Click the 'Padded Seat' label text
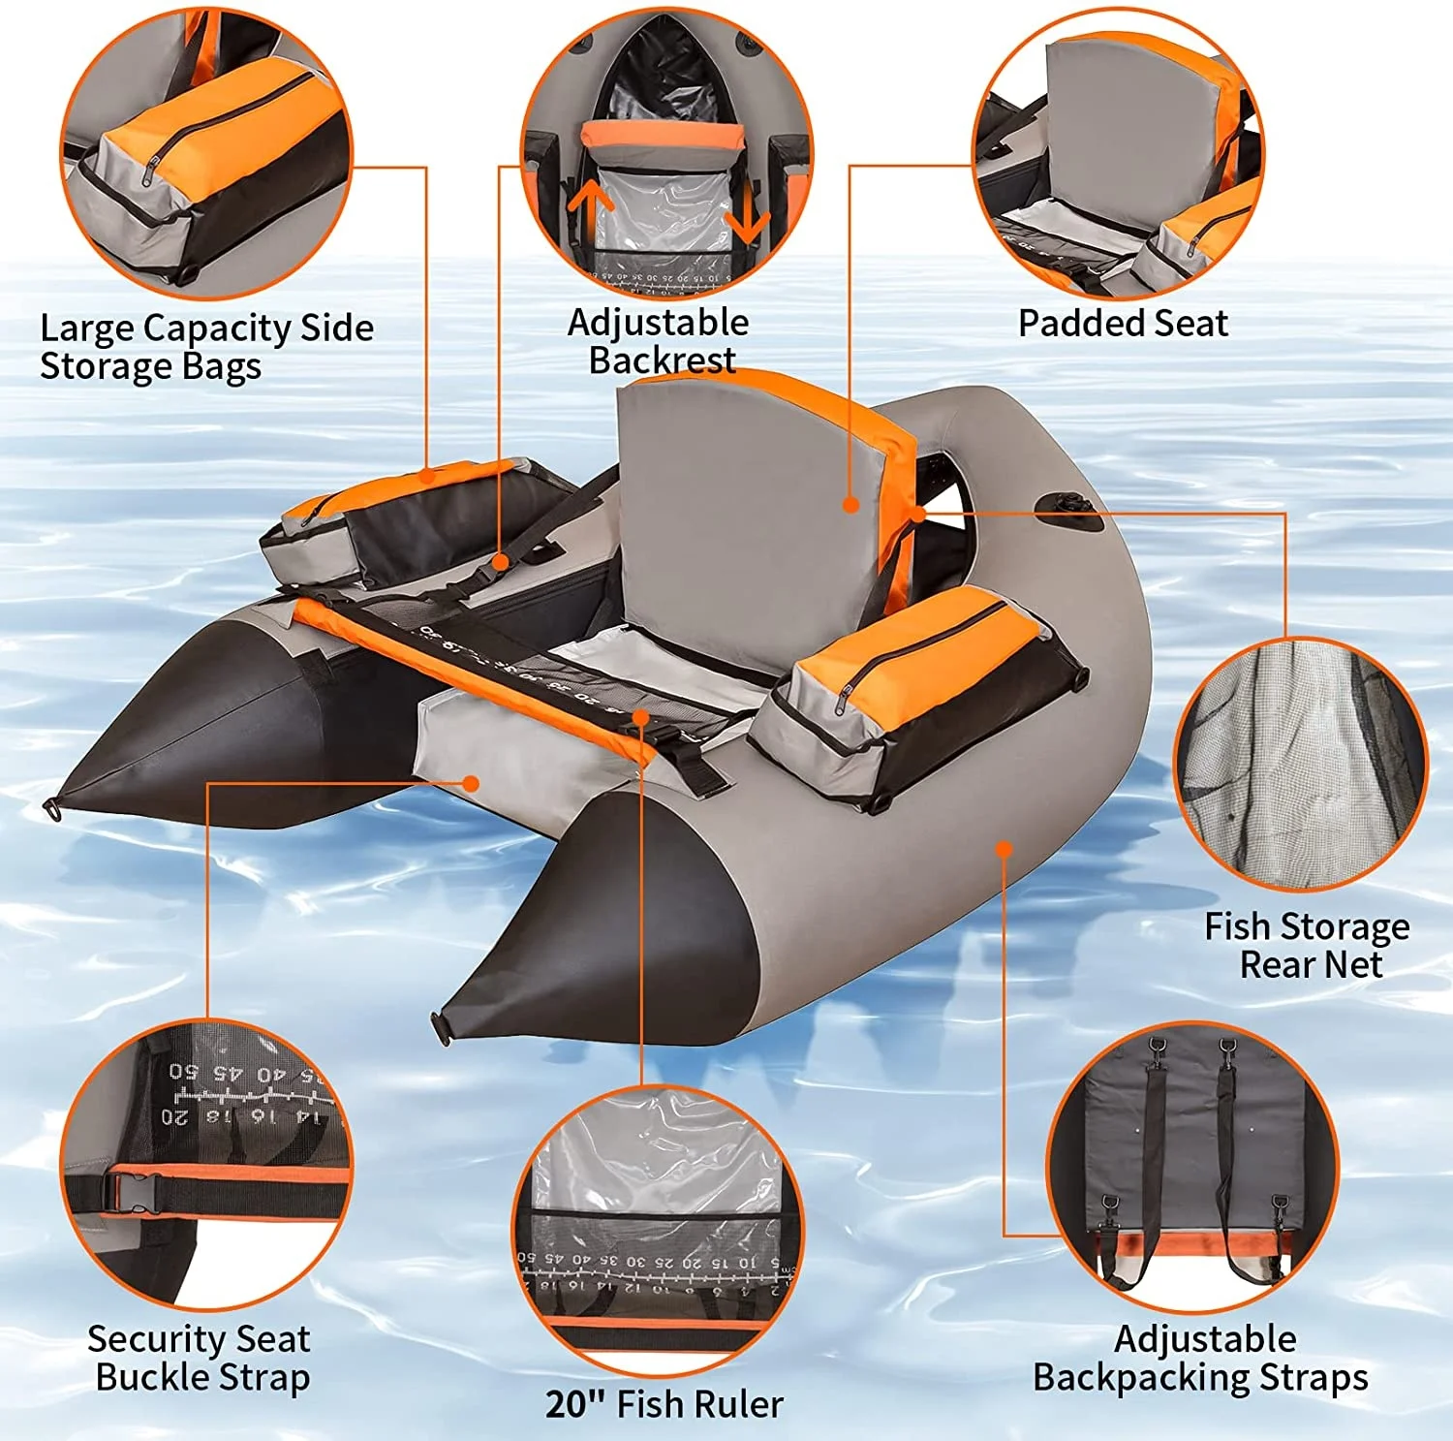tap(1123, 323)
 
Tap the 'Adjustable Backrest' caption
tap(659, 340)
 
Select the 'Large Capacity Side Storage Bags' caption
tap(206, 347)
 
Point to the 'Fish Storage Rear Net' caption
tap(1307, 945)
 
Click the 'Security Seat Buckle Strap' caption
tap(201, 1358)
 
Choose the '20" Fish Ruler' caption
tap(665, 1403)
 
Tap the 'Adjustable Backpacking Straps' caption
tap(1201, 1358)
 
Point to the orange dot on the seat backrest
tap(850, 504)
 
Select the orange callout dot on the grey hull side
tap(1005, 849)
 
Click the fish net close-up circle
tap(1301, 764)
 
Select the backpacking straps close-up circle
tap(1192, 1166)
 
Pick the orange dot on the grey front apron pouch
tap(471, 782)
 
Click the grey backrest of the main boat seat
tap(746, 514)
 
